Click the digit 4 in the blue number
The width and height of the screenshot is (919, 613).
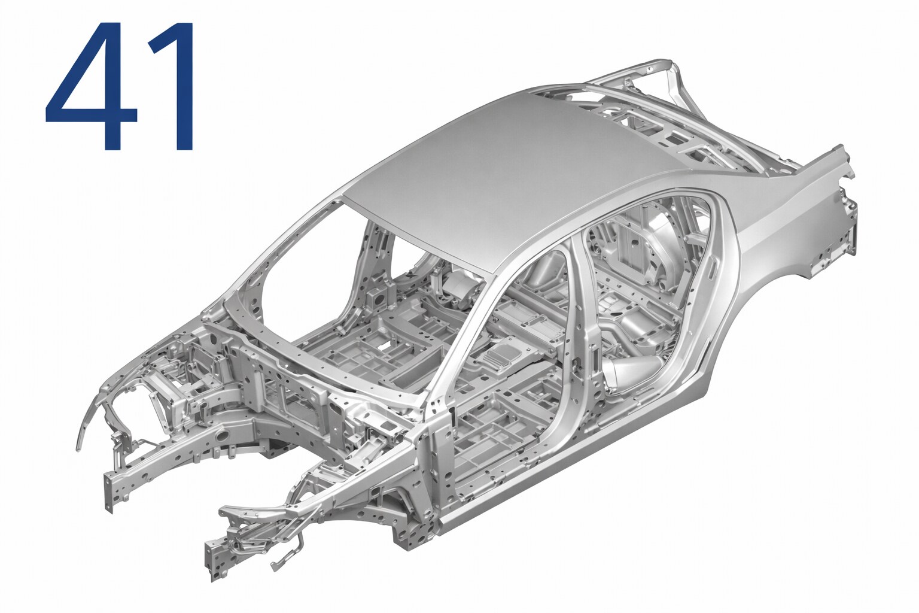click(91, 86)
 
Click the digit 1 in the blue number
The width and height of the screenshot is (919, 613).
click(173, 86)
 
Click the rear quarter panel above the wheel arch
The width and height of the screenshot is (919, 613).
click(780, 230)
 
